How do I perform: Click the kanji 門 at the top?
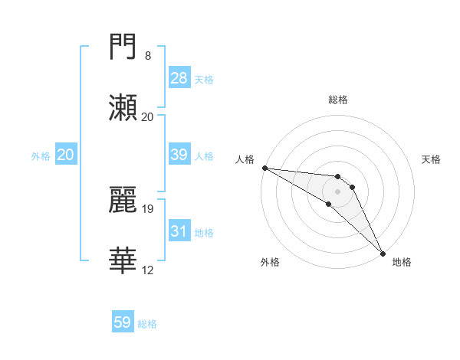[123, 47]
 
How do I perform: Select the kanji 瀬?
[123, 107]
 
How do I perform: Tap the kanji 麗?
[123, 199]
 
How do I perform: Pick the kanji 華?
[123, 260]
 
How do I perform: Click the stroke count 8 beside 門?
[148, 56]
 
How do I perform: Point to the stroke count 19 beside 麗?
[148, 208]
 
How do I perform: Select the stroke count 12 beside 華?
[148, 269]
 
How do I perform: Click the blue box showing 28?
[179, 78]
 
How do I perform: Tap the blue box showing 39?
[179, 155]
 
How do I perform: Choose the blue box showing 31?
[179, 231]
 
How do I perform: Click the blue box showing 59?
[122, 323]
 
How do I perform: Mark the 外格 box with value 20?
[65, 155]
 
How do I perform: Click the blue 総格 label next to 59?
[147, 324]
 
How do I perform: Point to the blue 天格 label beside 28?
[204, 79]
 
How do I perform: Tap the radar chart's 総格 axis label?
[338, 100]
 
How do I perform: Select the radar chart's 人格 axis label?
[245, 159]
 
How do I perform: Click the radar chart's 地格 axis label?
[402, 262]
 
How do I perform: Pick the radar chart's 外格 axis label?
[270, 262]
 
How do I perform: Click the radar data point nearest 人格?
[264, 168]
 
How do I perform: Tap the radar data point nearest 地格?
[383, 253]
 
